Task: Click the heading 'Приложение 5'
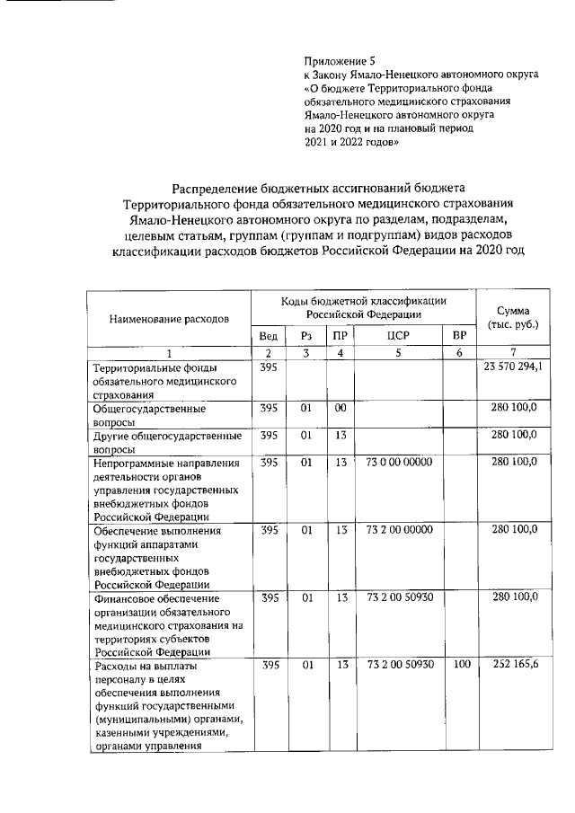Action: tap(340, 60)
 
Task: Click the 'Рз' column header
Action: tap(305, 335)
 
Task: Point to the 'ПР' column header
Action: tap(339, 335)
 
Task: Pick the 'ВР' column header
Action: tap(459, 335)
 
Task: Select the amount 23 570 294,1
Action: tap(513, 367)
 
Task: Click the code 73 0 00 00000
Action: tap(400, 462)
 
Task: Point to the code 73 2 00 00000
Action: tap(400, 530)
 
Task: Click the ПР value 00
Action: tap(340, 408)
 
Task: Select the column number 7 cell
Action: tap(512, 353)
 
